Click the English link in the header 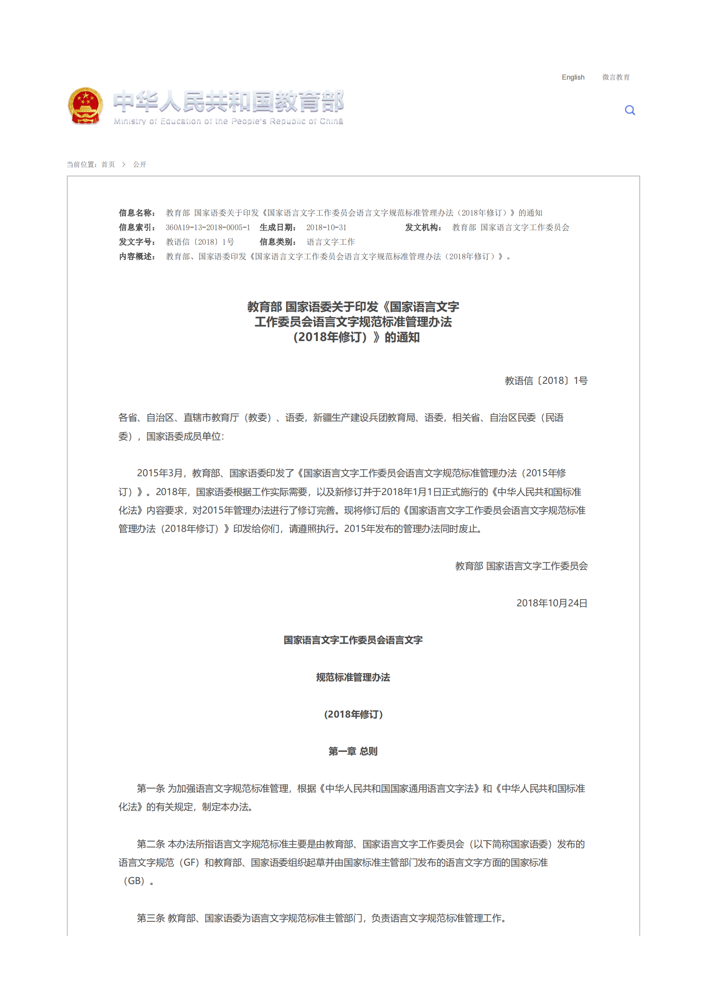tap(572, 77)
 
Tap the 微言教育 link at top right tap(615, 77)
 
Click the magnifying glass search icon tap(630, 110)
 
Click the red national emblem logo tap(86, 106)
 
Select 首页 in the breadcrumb tap(108, 164)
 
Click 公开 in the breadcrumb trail tap(140, 164)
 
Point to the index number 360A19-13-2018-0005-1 tap(208, 227)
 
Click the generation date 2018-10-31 tap(326, 227)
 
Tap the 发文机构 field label tap(423, 227)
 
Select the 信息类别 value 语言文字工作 tap(330, 242)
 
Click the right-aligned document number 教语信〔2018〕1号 tap(546, 381)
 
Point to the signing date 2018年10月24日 tap(552, 603)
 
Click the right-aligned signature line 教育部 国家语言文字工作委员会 tap(521, 566)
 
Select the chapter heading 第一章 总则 tap(353, 751)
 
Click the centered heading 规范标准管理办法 tap(353, 677)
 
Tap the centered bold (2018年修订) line tap(353, 714)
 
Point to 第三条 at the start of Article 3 tap(151, 918)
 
